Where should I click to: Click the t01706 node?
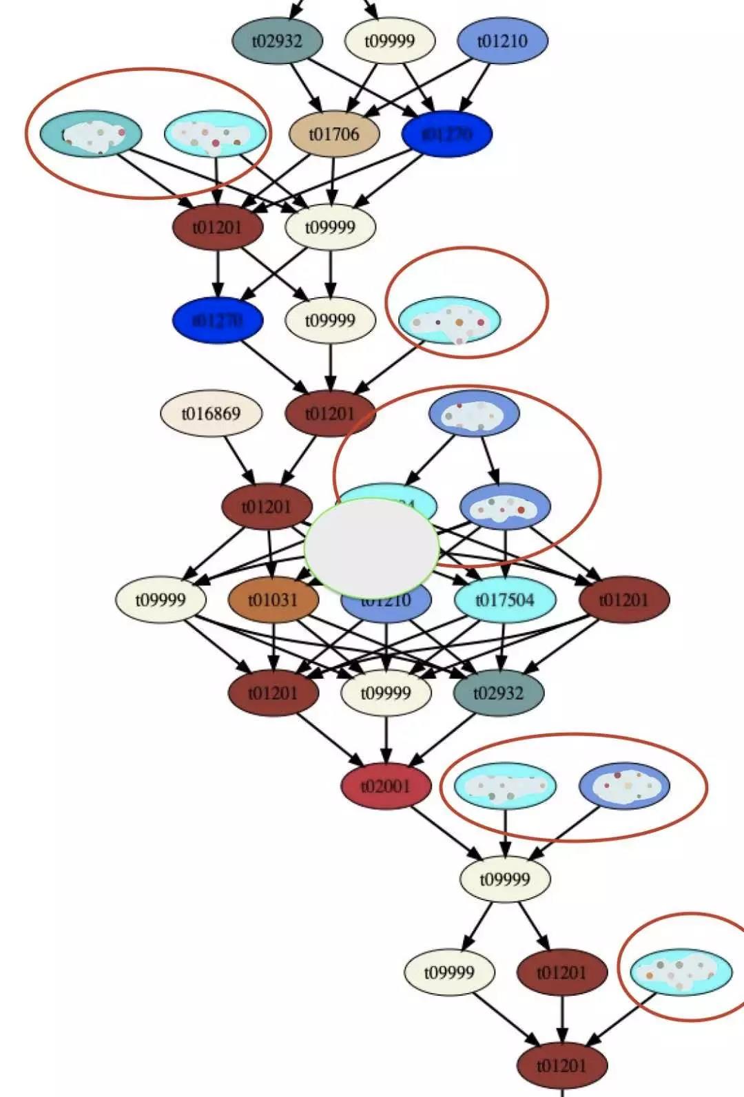coord(334,134)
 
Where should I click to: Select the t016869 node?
coord(211,414)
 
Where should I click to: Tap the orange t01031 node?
coord(273,600)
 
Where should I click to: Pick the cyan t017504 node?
coord(505,600)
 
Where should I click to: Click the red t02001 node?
coord(386,786)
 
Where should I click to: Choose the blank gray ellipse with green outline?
coord(372,547)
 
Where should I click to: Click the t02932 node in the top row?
coord(277,41)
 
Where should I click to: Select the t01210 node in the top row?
coord(503,41)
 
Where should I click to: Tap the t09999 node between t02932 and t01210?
coord(390,41)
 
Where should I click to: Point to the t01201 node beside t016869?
coord(330,414)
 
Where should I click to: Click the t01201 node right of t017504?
coord(624,600)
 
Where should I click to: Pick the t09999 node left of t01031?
coord(161,600)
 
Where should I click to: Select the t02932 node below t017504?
coord(499,693)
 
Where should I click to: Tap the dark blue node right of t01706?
coord(446,134)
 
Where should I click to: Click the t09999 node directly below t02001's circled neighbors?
coord(505,879)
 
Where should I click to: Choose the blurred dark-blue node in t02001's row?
coord(624,786)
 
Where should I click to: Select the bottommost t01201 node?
coord(562,1065)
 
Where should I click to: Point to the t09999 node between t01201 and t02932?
coord(386,693)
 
